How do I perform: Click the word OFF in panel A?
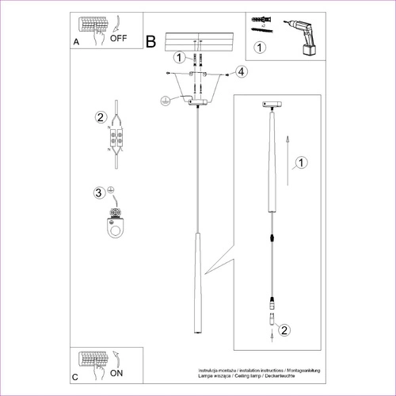point(119,36)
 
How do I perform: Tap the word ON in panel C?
point(116,371)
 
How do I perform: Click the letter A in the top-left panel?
point(75,41)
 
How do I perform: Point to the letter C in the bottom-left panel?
point(75,377)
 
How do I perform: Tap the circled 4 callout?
point(241,72)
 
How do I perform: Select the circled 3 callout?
point(99,192)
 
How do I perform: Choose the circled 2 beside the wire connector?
point(101,119)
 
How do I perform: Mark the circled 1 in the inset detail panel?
point(300,164)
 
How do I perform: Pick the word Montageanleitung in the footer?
point(305,371)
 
